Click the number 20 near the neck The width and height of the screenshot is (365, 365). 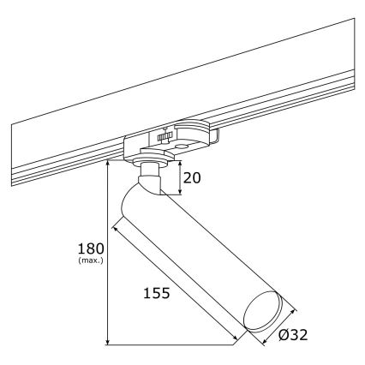[193, 179]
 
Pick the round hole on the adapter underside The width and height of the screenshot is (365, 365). [182, 147]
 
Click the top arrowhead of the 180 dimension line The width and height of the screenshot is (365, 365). [107, 164]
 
